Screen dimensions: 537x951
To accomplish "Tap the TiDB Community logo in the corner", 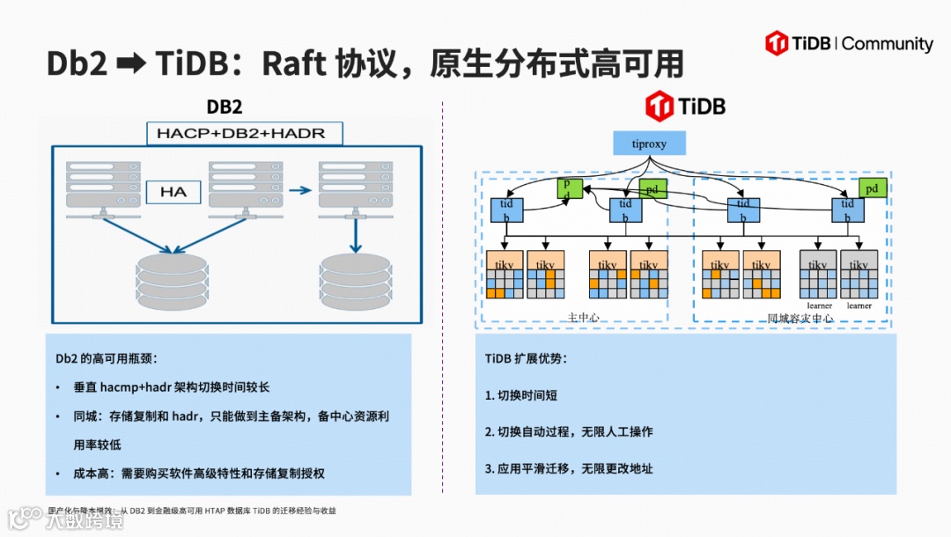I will pos(849,43).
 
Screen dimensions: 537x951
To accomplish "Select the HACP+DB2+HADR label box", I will pos(241,134).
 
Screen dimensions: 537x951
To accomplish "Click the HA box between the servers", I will pos(173,191).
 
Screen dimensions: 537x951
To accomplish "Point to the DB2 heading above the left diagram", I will pos(225,107).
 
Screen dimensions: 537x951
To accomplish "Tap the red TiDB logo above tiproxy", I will pos(685,106).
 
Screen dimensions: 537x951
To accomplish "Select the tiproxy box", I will pos(648,143).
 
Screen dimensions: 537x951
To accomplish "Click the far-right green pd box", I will pos(872,188).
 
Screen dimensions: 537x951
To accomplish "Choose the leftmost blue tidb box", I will pos(506,210).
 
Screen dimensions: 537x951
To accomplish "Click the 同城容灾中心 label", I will pos(800,318).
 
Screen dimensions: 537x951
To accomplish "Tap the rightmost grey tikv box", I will pos(859,274).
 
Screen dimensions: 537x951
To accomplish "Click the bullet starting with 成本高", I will pos(199,473).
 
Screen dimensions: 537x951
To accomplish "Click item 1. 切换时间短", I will pos(521,395).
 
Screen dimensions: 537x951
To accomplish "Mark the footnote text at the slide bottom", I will pos(192,510).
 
